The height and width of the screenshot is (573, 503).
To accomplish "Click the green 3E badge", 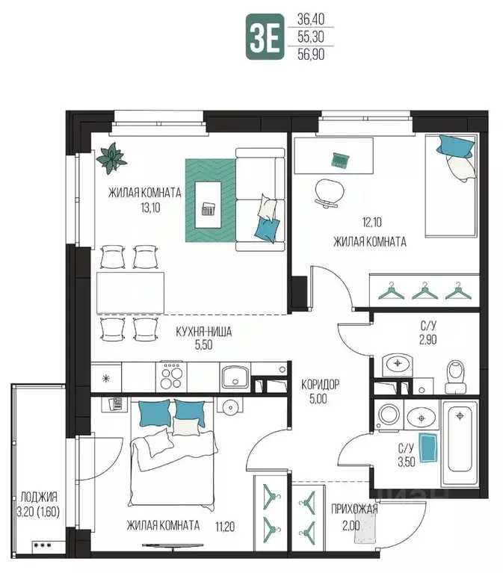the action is point(265,37).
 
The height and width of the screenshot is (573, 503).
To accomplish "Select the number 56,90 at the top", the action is point(311,55).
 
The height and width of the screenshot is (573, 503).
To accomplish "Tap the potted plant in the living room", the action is point(111,158).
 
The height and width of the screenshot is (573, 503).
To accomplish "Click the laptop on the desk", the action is point(340,160).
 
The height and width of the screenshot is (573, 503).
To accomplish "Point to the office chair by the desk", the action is point(330,193).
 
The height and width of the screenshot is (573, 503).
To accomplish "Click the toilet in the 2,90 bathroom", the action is point(455,377).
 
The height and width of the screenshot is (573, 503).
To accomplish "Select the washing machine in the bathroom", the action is point(389,415).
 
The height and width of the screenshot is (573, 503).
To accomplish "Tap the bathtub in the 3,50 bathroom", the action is point(460,444).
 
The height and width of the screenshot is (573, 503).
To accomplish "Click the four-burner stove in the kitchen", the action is point(171,377).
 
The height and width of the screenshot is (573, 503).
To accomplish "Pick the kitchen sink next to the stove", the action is point(235,377).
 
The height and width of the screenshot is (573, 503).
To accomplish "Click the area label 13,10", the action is point(151,208).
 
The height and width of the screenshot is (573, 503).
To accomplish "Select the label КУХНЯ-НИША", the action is point(203,332).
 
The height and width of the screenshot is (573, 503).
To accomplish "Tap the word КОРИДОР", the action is point(320,385).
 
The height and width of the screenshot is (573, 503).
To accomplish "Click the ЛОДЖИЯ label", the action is point(39,497).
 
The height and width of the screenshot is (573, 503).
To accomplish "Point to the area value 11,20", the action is point(225,527).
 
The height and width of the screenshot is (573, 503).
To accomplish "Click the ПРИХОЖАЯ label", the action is point(354,509).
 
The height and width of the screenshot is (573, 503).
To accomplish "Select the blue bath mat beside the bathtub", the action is point(429,447).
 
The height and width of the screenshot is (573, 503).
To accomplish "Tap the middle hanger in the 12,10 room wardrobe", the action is point(425,291).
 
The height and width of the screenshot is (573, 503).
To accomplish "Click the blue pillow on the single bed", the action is point(454,146).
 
